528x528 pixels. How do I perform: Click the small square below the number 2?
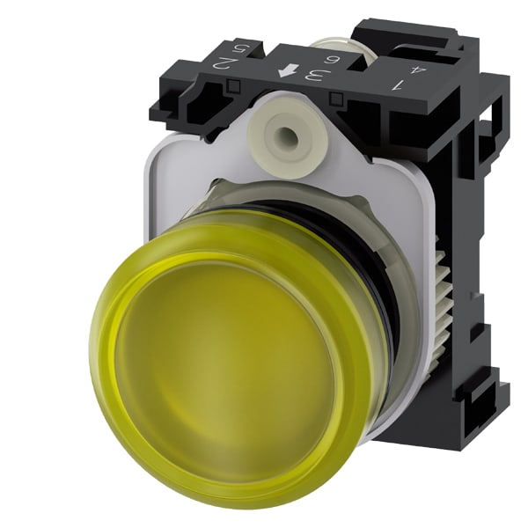click(x=233, y=86)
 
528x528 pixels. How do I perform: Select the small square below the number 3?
click(x=336, y=98)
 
